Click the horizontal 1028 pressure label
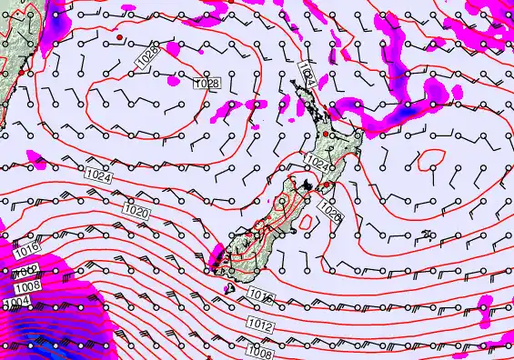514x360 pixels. coord(207,84)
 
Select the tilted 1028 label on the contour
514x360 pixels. coord(146,56)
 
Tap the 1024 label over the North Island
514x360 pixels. coord(317,163)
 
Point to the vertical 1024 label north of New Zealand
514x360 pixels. coord(308,75)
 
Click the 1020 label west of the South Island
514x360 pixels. coord(136,212)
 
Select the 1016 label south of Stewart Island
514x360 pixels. coord(260,296)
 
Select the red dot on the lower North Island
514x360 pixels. coord(327,185)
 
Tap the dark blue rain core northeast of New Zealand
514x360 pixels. coord(408,108)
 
